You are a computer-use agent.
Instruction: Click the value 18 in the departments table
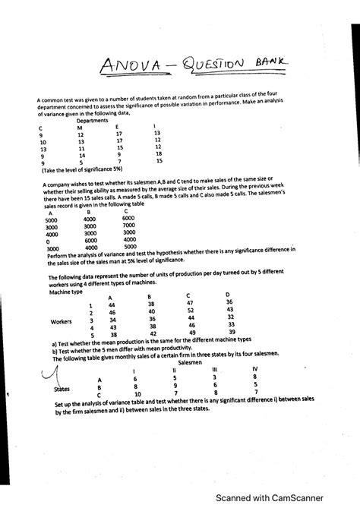[x=159, y=153]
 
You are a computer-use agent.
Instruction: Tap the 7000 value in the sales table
[x=128, y=226]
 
